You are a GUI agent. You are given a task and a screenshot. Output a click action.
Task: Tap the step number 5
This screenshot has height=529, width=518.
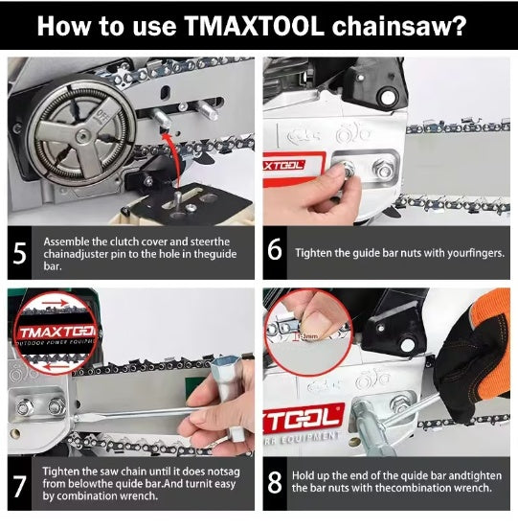[x=21, y=252]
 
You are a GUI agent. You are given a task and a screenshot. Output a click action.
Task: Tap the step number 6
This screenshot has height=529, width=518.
[x=275, y=252]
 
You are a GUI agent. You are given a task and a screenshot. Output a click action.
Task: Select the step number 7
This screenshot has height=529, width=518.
[x=21, y=484]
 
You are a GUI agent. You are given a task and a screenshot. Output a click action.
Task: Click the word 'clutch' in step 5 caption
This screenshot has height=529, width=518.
[x=112, y=241]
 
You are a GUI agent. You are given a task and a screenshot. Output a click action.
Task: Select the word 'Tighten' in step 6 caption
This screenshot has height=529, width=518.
[x=316, y=252]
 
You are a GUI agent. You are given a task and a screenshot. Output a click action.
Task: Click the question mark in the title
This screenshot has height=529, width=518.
[x=459, y=27]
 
